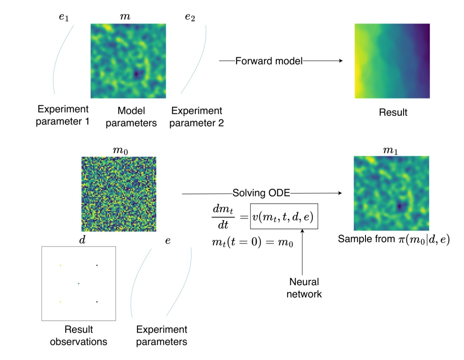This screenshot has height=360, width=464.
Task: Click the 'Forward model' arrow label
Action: [269, 61]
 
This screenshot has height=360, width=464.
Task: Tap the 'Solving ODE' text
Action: [262, 193]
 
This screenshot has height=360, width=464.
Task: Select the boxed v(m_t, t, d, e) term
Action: [284, 218]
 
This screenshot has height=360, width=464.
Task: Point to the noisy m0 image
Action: [119, 193]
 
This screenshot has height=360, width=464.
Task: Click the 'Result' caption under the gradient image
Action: [392, 112]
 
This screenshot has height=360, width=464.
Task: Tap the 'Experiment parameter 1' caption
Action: [63, 116]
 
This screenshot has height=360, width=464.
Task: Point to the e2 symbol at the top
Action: [190, 17]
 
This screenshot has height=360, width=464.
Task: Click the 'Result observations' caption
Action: [78, 336]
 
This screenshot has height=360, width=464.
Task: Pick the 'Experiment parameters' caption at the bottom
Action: [162, 336]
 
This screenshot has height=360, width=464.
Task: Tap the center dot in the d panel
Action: [78, 283]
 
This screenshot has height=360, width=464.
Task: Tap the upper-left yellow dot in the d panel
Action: [60, 265]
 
